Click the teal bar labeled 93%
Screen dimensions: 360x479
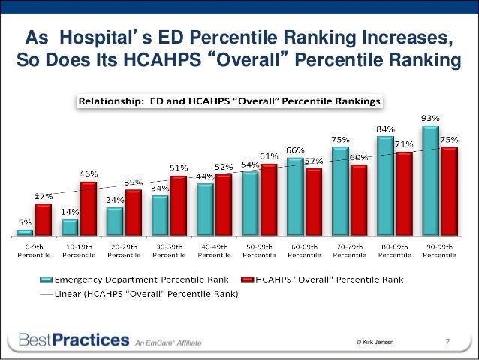coord(429,180)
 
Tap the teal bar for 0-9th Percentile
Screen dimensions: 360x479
coord(25,232)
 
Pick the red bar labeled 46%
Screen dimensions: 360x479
coord(88,208)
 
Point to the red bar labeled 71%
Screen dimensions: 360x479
coord(402,194)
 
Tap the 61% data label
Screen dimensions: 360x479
coord(268,156)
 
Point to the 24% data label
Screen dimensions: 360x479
coord(115,201)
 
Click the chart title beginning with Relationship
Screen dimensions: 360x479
coord(230,100)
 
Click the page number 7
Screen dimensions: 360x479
coord(448,343)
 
